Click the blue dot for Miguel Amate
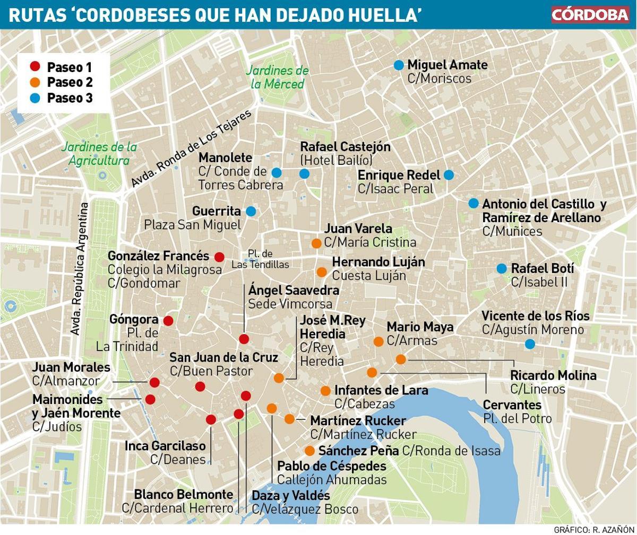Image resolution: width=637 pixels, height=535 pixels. click(399, 65)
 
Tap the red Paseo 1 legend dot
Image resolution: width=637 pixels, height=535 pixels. click(35, 66)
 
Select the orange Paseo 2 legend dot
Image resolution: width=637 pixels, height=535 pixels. click(35, 82)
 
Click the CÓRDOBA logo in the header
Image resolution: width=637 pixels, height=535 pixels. click(589, 14)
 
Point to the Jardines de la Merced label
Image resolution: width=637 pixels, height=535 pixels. click(277, 77)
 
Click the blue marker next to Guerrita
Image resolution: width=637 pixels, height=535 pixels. click(251, 211)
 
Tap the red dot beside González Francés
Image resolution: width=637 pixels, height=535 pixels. click(219, 257)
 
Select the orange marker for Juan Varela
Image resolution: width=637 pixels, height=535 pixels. click(316, 243)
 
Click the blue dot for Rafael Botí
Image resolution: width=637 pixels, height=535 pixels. click(501, 269)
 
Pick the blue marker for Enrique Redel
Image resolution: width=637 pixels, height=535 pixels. click(449, 175)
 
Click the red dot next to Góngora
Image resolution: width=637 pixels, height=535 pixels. click(168, 321)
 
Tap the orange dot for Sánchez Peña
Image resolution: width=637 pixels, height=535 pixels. click(309, 451)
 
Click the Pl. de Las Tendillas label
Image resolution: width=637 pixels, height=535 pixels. click(260, 259)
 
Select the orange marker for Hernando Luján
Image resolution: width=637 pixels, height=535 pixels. click(321, 272)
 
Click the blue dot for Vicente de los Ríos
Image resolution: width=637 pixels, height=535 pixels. click(529, 344)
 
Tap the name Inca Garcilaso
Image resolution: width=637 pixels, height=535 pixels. click(165, 446)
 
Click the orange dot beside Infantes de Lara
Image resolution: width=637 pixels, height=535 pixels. click(325, 391)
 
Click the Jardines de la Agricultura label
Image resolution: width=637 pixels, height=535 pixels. click(99, 154)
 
